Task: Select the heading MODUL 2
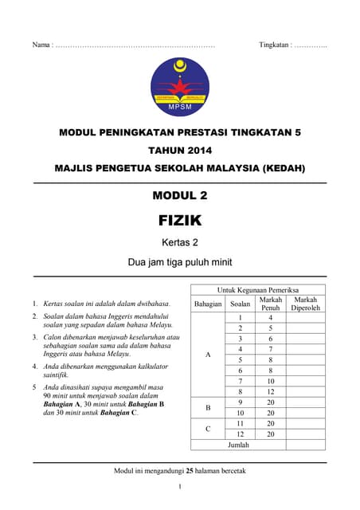(x=180, y=194)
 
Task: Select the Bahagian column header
(x=208, y=304)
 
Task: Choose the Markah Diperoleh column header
(x=306, y=304)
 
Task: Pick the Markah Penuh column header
(x=271, y=304)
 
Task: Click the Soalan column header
(x=240, y=304)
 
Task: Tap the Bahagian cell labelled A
(x=208, y=355)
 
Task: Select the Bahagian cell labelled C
(x=208, y=429)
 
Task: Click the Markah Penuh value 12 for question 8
(x=271, y=392)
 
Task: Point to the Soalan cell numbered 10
(x=240, y=413)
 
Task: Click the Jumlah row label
(x=239, y=445)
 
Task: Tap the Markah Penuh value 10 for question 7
(x=271, y=381)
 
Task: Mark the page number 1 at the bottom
(x=180, y=487)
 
